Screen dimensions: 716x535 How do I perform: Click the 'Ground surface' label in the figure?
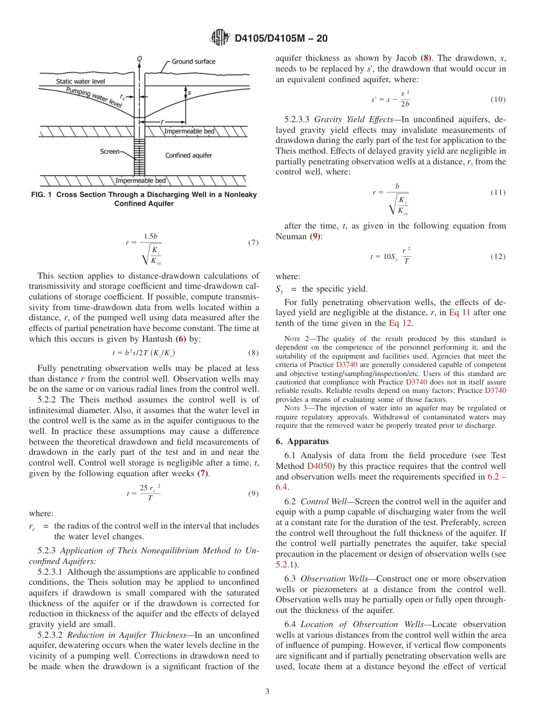[193, 61]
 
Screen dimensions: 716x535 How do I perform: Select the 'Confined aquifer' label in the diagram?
[189, 155]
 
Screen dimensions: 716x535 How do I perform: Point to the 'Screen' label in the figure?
[109, 151]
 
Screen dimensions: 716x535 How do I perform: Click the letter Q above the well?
[139, 58]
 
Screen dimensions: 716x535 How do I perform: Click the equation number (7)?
[253, 243]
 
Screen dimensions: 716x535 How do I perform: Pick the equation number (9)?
[253, 494]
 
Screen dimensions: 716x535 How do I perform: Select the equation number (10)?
[498, 100]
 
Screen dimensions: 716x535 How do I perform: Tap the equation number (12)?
[498, 256]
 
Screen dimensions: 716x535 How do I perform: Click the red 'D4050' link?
[318, 466]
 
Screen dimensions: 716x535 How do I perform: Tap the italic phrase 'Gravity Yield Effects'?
[349, 119]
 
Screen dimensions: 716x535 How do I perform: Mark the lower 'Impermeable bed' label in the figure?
[141, 180]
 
